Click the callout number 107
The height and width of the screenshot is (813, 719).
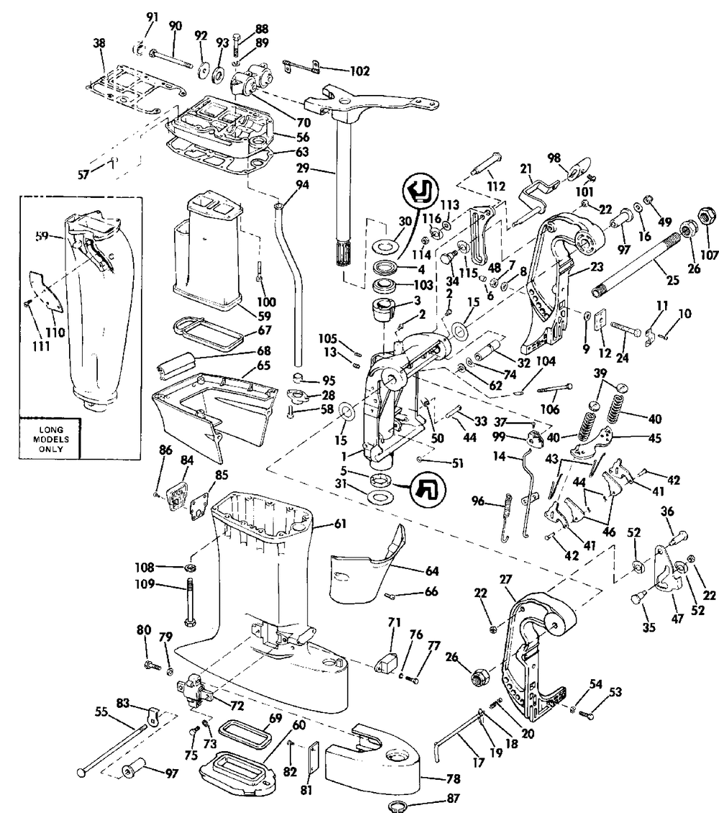(x=709, y=255)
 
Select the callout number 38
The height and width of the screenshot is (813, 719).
(x=99, y=43)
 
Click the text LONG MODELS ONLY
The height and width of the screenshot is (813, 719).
(x=51, y=439)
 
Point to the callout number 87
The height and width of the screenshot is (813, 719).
(x=453, y=798)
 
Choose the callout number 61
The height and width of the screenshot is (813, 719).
(x=340, y=524)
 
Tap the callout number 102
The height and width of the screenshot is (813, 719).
(x=360, y=71)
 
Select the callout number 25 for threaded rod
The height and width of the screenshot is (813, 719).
(x=672, y=281)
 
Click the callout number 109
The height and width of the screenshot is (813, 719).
(x=145, y=583)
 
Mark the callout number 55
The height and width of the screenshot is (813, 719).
(x=101, y=712)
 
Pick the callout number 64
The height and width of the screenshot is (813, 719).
(x=431, y=571)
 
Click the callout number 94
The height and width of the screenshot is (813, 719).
(x=302, y=185)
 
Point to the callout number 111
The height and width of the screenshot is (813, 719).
(x=41, y=346)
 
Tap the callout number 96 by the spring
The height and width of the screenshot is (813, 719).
(x=478, y=501)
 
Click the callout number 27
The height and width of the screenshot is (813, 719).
(x=505, y=579)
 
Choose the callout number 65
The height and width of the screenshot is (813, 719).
(x=264, y=365)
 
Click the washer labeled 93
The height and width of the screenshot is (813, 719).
(x=218, y=71)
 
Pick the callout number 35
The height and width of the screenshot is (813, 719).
(x=649, y=627)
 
